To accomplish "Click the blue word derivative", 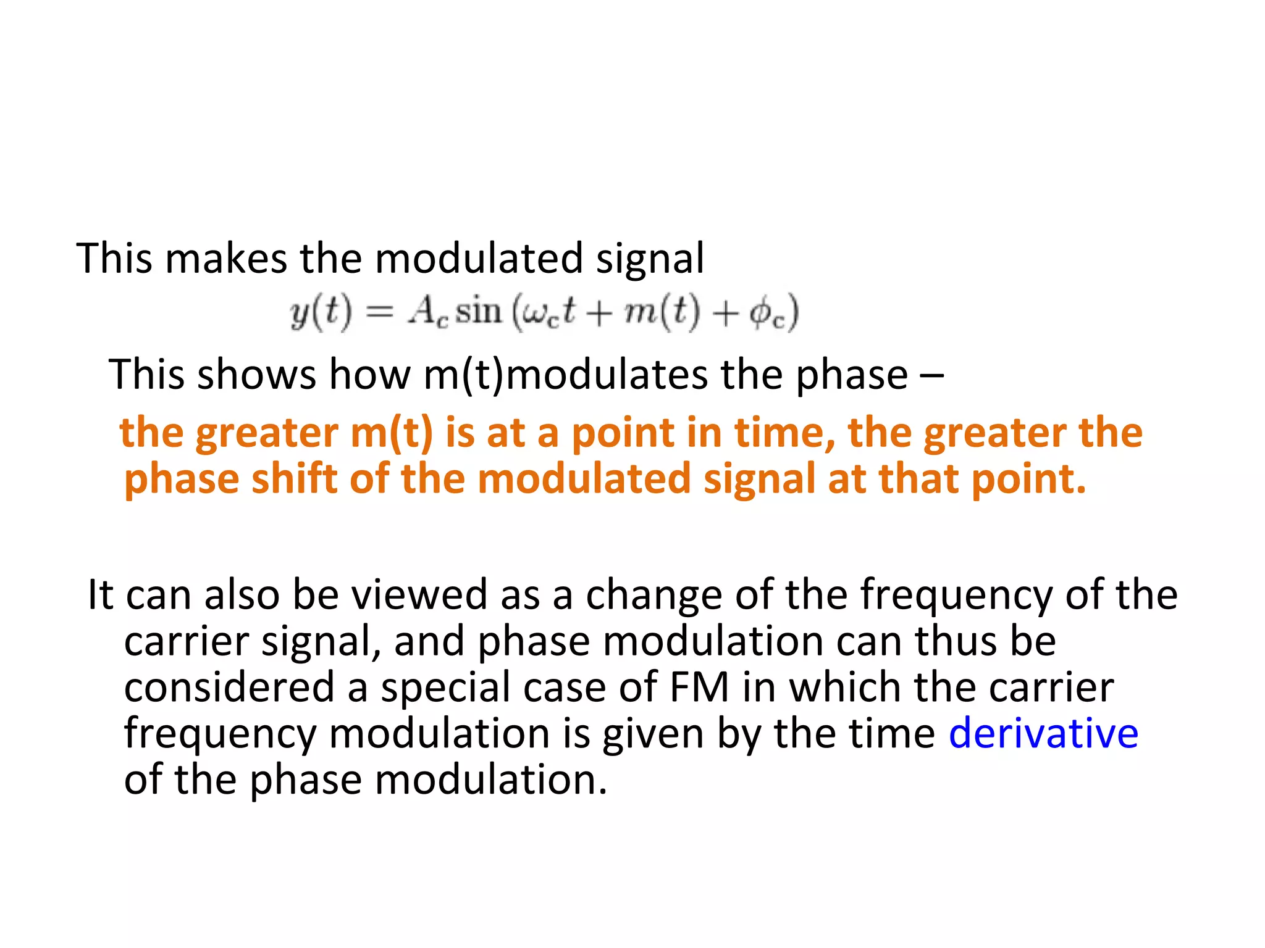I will [1043, 733].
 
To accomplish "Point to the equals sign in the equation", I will [379, 312].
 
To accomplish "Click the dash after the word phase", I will [931, 374].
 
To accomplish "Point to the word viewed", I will [419, 594].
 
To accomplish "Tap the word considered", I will [229, 687].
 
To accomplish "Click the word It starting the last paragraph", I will [101, 594].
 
